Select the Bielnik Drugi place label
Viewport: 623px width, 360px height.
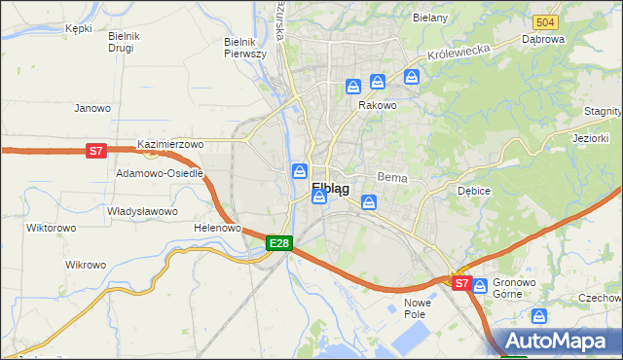tap(125, 42)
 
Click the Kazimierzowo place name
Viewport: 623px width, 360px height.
tap(170, 144)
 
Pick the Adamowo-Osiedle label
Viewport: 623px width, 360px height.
tap(160, 173)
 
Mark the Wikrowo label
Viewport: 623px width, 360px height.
tap(86, 265)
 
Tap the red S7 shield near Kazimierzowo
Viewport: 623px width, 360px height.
tap(95, 151)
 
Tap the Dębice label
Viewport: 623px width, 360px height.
tap(473, 191)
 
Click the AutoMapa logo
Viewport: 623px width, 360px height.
tap(558, 342)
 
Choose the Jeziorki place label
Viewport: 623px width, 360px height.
tap(592, 139)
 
